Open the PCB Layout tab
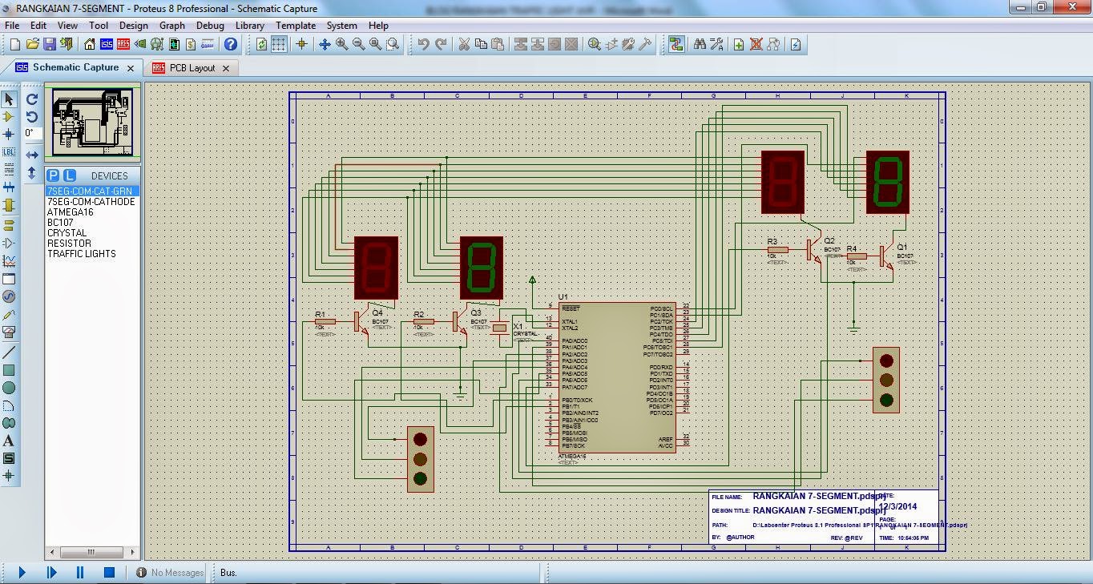coord(192,68)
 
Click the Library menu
coord(249,26)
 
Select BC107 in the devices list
coord(60,223)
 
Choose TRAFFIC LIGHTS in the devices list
coord(82,254)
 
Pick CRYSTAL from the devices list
coord(67,233)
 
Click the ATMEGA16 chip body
coord(616,377)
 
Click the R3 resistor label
coord(772,241)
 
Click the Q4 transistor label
coord(377,313)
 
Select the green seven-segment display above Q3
coord(481,267)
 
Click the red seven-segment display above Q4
coord(376,267)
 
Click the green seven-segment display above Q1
coord(887,182)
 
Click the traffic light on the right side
coord(885,380)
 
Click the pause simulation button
coord(80,573)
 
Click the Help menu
coord(378,26)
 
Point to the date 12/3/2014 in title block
coord(898,506)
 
